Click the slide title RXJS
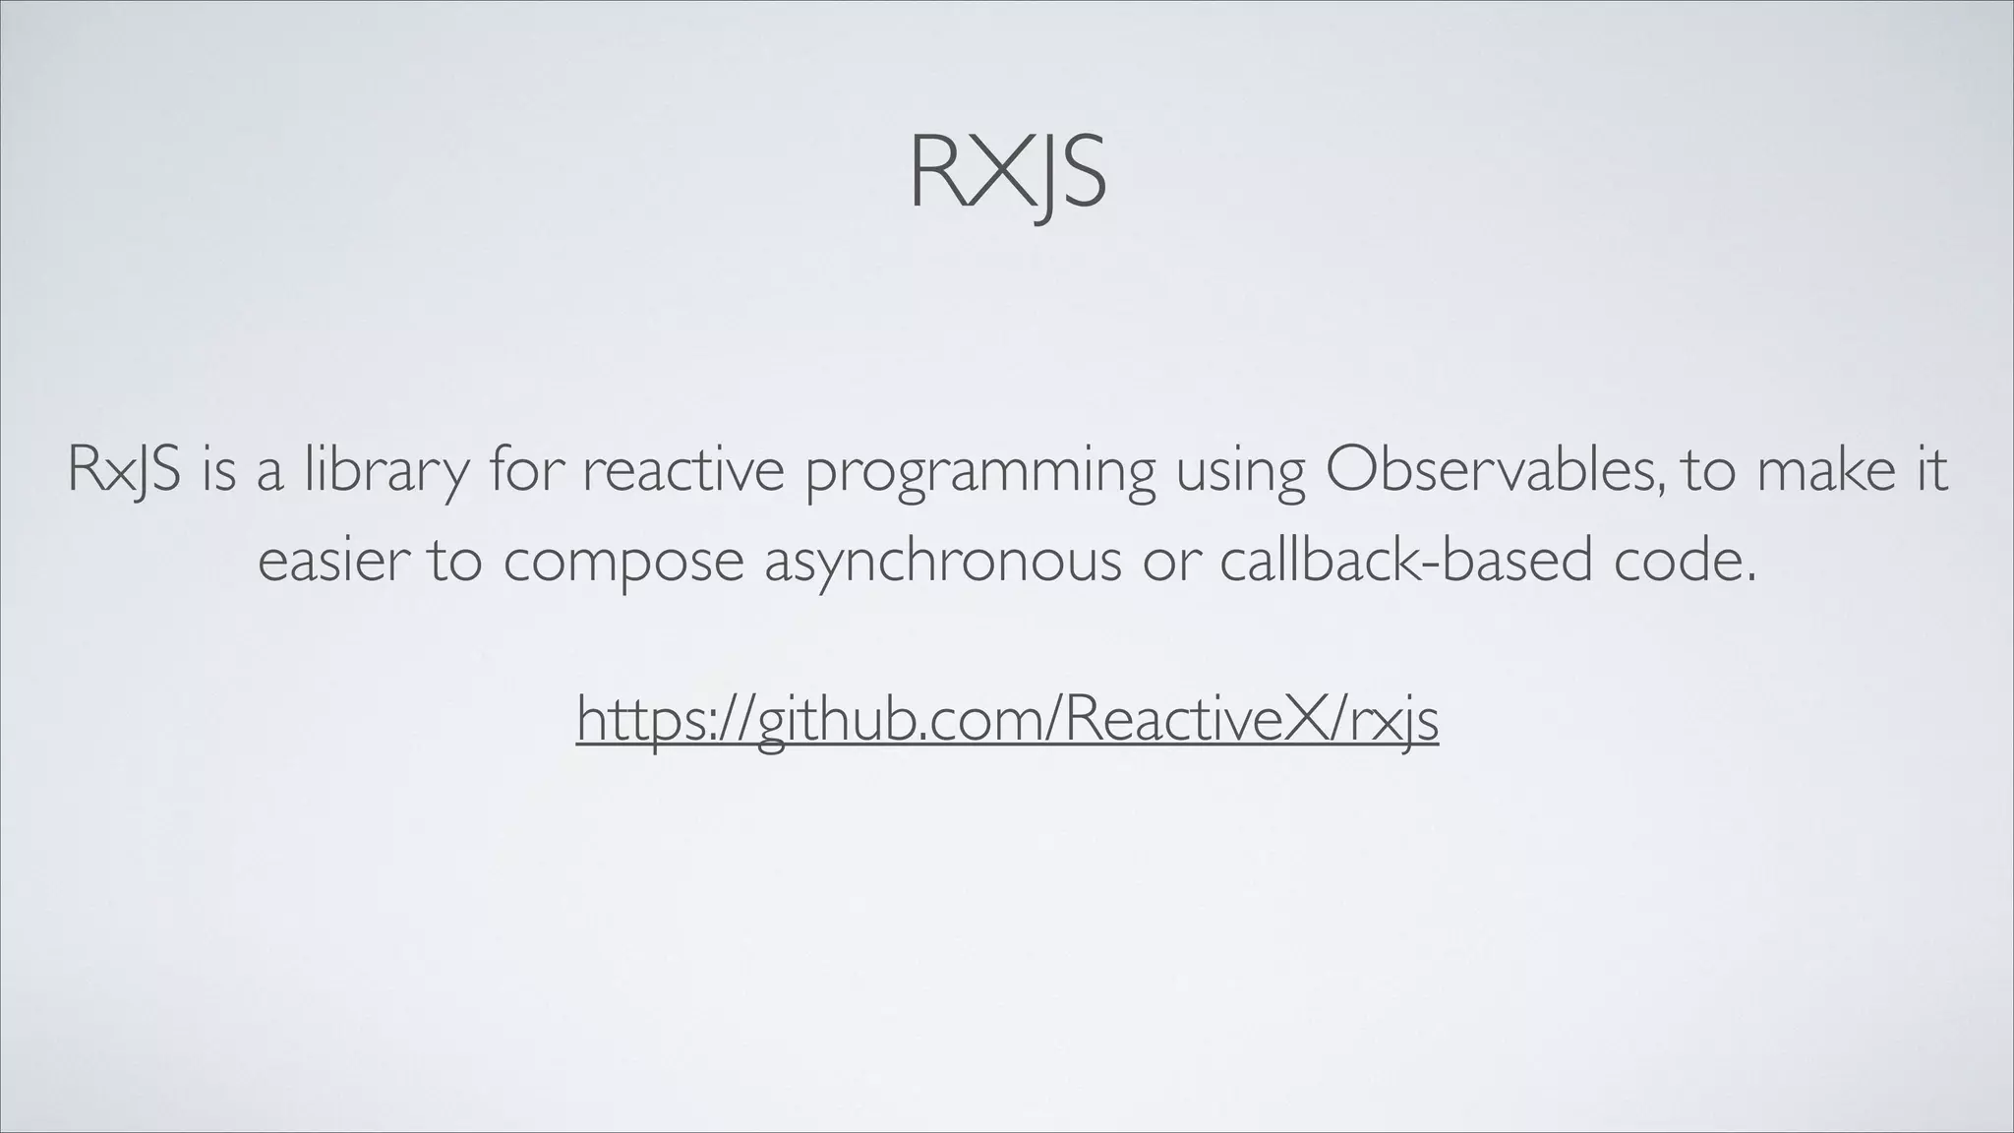[x=1008, y=173]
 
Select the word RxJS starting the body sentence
[x=124, y=470]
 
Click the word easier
[x=332, y=561]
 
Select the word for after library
[x=523, y=470]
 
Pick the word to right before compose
[x=454, y=561]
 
